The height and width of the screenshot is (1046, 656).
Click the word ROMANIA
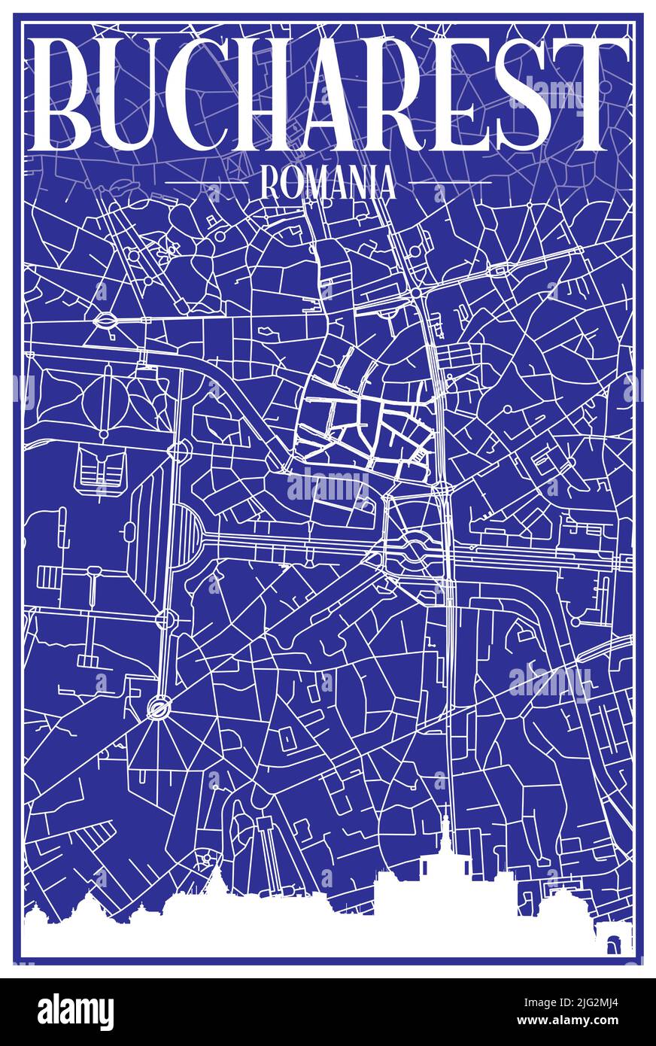(327, 183)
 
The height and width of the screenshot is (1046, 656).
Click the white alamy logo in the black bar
(75, 1011)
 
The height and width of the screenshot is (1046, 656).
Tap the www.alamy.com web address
(554, 1023)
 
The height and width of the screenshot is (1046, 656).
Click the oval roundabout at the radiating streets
(159, 707)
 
